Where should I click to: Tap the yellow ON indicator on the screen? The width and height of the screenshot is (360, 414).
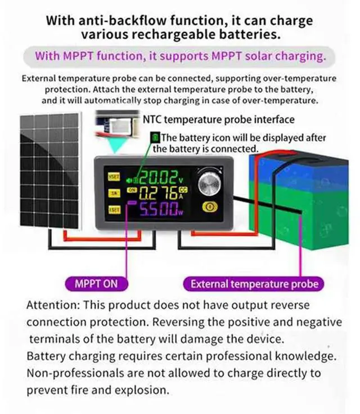[133, 191]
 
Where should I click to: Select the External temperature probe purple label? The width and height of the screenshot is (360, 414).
[254, 283]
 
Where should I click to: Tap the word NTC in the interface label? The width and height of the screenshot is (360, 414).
[154, 119]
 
